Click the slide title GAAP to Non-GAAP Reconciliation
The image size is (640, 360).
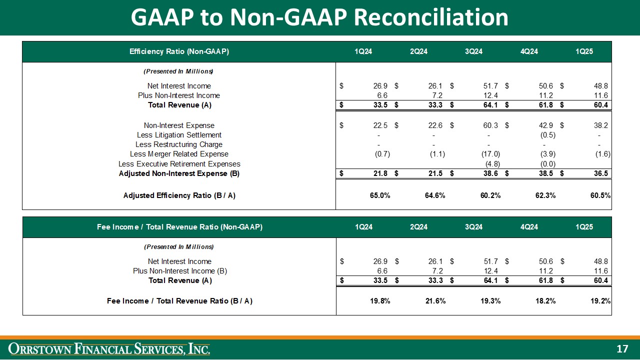pos(319,17)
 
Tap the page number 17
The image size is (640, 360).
pos(622,349)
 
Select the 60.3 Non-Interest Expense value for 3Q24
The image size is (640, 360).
pos(489,125)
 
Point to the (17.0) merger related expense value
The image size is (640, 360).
pos(489,154)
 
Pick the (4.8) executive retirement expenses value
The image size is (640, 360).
pos(492,164)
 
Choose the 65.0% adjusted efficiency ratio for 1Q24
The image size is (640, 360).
pos(379,195)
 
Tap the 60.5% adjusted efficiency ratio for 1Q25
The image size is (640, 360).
pos(599,195)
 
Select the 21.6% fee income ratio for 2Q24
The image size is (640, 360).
pos(434,301)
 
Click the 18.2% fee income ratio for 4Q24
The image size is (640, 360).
pos(545,301)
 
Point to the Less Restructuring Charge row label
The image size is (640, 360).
pos(179,144)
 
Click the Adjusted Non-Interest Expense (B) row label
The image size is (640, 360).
pos(179,173)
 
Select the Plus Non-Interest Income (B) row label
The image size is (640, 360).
pos(180,271)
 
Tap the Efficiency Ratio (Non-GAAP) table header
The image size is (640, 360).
pos(179,51)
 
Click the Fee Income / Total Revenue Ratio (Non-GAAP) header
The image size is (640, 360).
pos(179,227)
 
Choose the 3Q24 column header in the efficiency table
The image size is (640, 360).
pos(473,51)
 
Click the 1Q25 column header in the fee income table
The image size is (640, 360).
pos(584,227)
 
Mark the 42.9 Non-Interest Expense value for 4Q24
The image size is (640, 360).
pos(545,125)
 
